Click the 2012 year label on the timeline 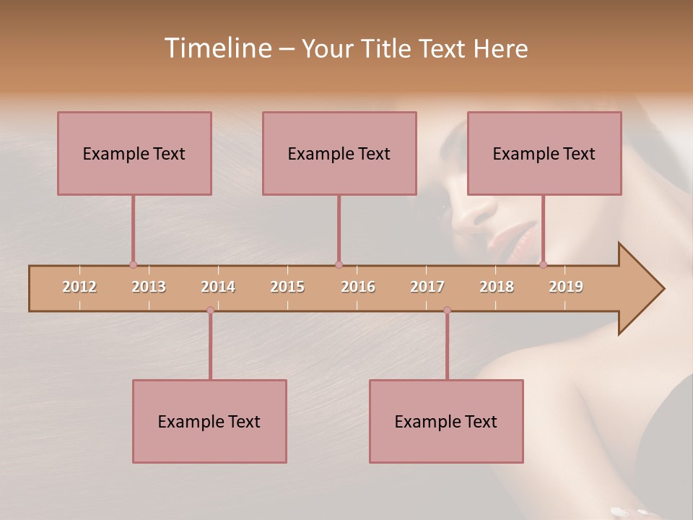coord(79,287)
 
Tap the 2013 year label coord(149,287)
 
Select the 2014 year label coord(218,287)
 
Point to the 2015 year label coord(287,287)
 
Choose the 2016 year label coord(358,287)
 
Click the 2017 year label coord(427,287)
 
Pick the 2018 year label coord(497,287)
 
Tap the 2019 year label coord(566,287)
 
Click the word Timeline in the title coord(217,48)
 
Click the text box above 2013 coord(134,153)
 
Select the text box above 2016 coord(339,153)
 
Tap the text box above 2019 coord(544,153)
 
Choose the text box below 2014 coord(209,421)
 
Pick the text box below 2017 coord(446,421)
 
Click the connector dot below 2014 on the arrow coord(210,311)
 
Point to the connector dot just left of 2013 coord(133,265)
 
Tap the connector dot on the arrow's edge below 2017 coord(447,311)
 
